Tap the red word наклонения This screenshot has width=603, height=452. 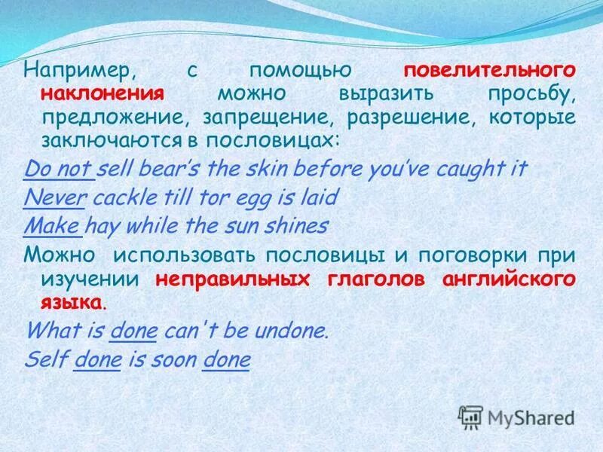[x=103, y=94]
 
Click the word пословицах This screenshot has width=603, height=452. [x=289, y=141]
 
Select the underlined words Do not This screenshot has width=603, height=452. [x=59, y=169]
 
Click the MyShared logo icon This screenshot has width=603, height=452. [x=470, y=416]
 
